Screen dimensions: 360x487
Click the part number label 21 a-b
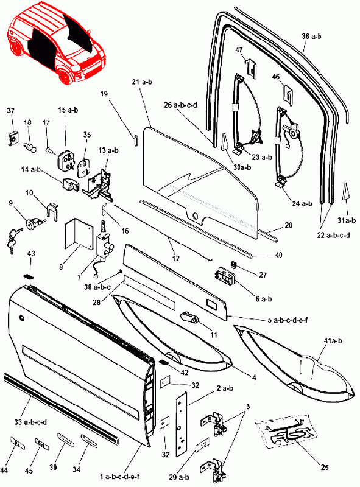point(142,82)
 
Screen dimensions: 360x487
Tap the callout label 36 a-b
point(311,37)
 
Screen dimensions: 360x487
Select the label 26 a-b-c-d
point(181,105)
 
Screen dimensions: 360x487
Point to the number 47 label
point(239,50)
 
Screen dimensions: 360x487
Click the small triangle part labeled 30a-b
point(224,142)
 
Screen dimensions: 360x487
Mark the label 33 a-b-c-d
point(30,422)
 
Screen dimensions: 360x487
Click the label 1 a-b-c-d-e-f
point(119,476)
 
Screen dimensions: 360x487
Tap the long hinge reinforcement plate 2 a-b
point(182,424)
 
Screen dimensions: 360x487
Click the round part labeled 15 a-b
point(66,158)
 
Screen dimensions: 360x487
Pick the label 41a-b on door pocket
point(333,341)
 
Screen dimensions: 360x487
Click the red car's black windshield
point(79,31)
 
